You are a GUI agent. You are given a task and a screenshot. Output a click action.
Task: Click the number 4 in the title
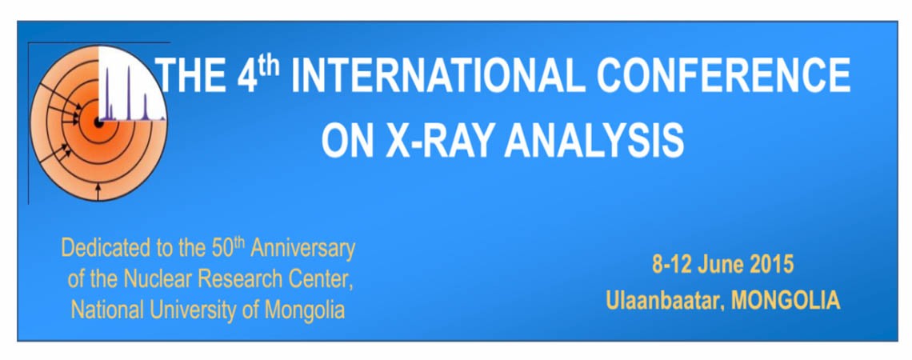click(x=247, y=76)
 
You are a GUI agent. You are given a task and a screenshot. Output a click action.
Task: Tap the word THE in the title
click(x=193, y=76)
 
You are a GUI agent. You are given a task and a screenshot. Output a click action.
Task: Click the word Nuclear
click(x=158, y=280)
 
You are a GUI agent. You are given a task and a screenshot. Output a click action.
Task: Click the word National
click(x=108, y=310)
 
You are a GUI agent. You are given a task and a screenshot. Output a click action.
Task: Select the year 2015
click(x=771, y=266)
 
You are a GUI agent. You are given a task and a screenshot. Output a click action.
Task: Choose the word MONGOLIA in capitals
click(x=786, y=301)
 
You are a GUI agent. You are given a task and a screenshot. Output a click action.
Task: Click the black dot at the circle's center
click(x=98, y=123)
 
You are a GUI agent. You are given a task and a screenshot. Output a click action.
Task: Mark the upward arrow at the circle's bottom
click(x=98, y=191)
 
